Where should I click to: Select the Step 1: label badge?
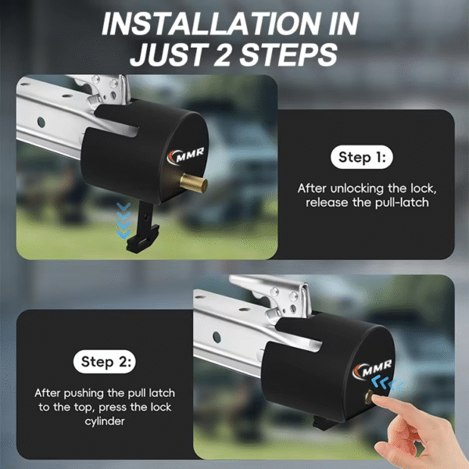click(x=361, y=158)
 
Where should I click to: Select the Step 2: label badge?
click(x=107, y=362)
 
